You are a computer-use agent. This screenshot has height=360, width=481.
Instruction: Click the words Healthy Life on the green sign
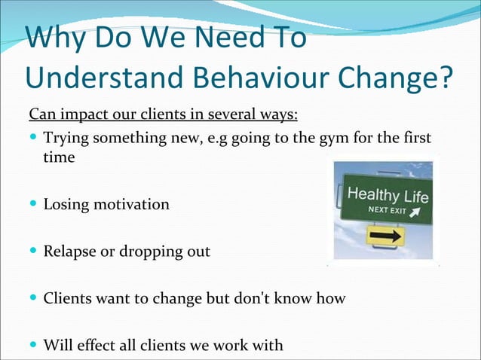387,197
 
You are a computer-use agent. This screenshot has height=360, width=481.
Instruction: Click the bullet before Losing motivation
33,204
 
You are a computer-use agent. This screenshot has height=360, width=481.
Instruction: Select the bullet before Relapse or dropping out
33,252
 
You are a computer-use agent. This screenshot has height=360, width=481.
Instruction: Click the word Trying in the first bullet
66,140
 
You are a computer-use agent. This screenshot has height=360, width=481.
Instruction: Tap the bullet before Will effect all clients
33,346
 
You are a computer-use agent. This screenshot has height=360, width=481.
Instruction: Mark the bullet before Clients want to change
33,299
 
